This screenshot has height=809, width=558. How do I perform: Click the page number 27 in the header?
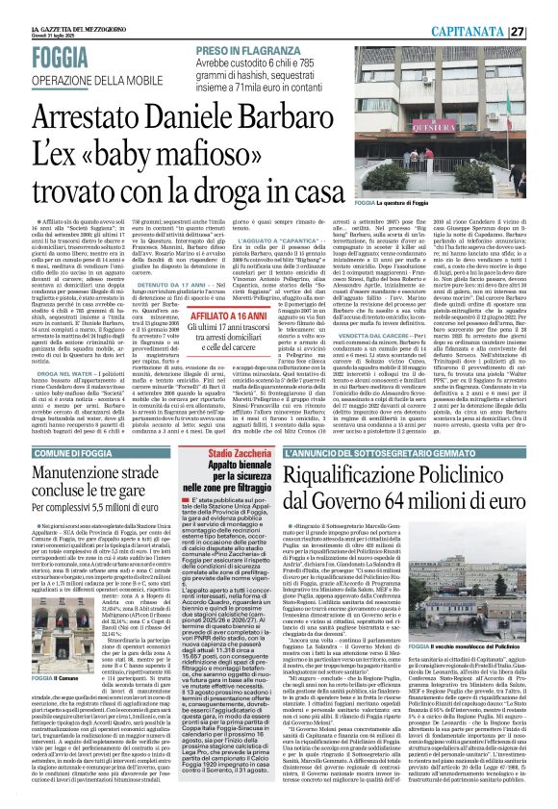click(x=545, y=31)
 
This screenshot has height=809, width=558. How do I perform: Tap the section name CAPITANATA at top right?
click(x=492, y=31)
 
